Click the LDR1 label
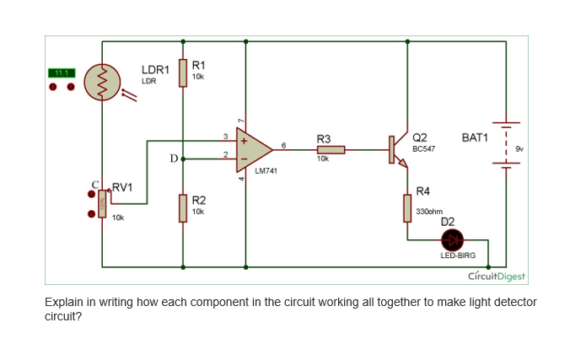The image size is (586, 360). point(155,68)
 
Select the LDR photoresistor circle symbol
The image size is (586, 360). point(102,83)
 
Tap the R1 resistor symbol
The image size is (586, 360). point(183,73)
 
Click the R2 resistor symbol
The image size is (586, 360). point(183,207)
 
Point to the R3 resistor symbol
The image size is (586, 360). point(331,150)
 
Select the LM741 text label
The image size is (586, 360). point(266,170)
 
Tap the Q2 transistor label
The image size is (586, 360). point(419,137)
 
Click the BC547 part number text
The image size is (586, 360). point(423,148)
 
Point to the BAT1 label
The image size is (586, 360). point(476,137)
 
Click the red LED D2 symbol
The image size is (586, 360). point(448,240)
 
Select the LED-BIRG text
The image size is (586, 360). point(458,255)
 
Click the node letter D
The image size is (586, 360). point(174,158)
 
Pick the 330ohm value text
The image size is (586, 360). point(430,211)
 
